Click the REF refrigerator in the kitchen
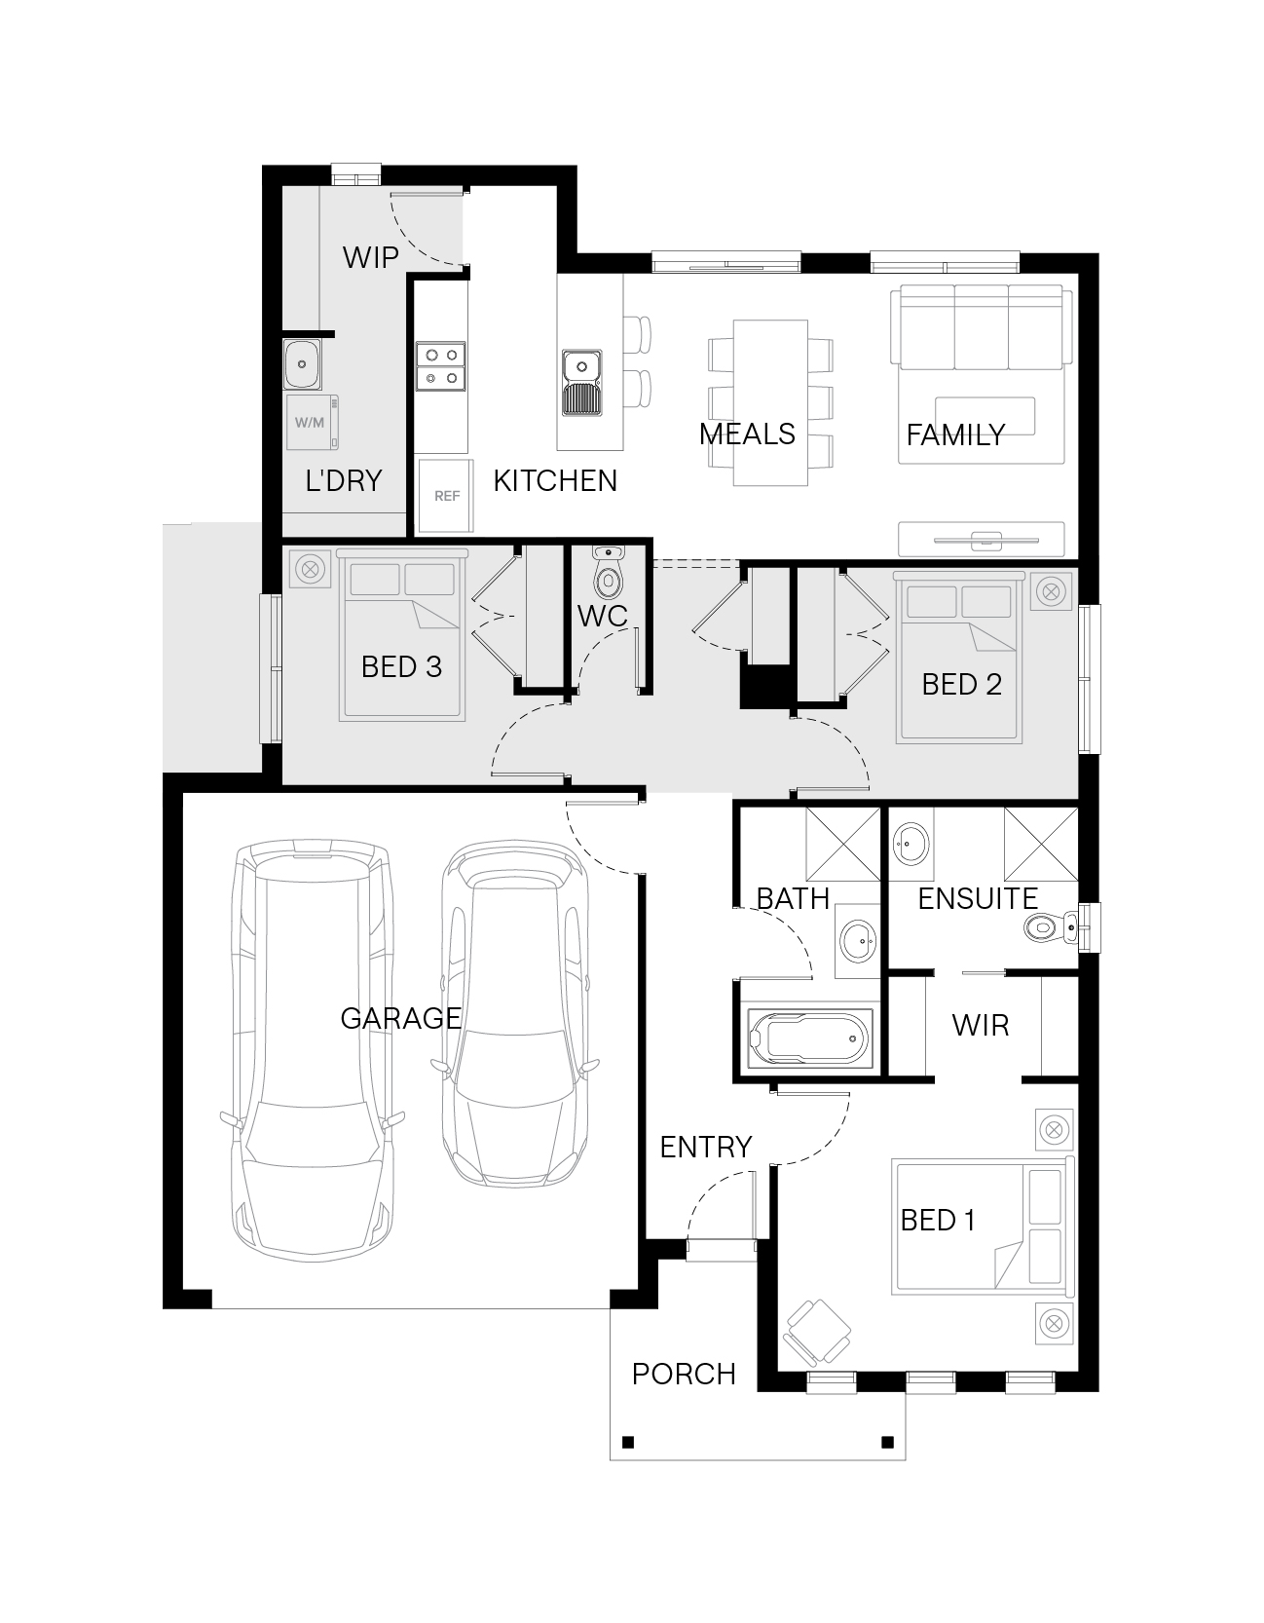[x=446, y=496]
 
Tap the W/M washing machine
[x=312, y=422]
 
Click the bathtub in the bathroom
[x=809, y=1039]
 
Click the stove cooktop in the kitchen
[x=441, y=365]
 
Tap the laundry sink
[x=302, y=364]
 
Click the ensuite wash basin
[x=911, y=842]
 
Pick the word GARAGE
[x=400, y=1018]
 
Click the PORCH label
[x=684, y=1374]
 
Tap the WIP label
[x=371, y=257]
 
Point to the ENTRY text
[x=706, y=1147]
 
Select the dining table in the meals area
[x=770, y=401]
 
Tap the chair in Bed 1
[x=817, y=1332]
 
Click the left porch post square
[x=628, y=1442]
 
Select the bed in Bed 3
[x=402, y=635]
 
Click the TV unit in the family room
[x=982, y=539]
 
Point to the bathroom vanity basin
[x=858, y=941]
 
